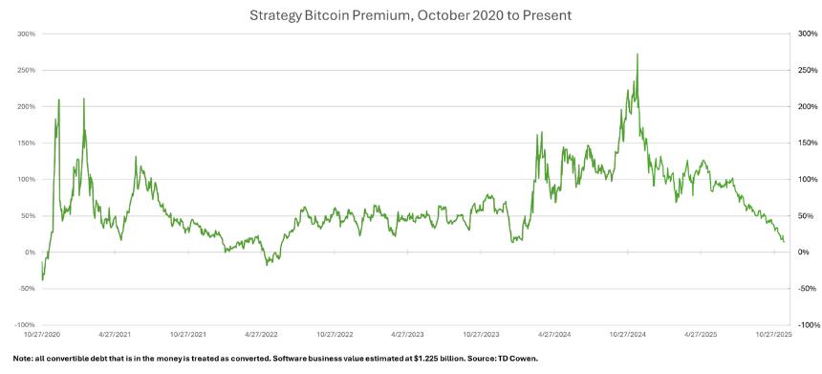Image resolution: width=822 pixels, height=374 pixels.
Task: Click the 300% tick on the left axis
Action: [x=26, y=33]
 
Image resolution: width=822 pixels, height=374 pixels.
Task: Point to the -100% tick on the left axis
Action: [x=24, y=325]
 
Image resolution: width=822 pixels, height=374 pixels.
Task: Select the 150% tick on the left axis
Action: [x=26, y=143]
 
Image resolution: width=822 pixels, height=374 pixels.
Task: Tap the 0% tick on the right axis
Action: [x=802, y=253]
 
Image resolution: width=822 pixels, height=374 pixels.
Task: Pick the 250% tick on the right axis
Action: [x=806, y=70]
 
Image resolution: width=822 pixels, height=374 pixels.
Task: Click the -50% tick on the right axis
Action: [x=805, y=289]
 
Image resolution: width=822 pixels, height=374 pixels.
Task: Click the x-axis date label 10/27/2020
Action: [x=41, y=335]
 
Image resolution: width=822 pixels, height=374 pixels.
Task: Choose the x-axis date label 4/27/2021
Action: [x=115, y=335]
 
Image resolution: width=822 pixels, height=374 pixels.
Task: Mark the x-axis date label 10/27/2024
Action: [x=628, y=335]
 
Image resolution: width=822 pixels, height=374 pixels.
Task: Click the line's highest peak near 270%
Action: [x=638, y=55]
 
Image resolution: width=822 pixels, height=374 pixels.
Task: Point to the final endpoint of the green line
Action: [x=784, y=241]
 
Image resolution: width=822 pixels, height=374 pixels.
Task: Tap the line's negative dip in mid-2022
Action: [x=268, y=264]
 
